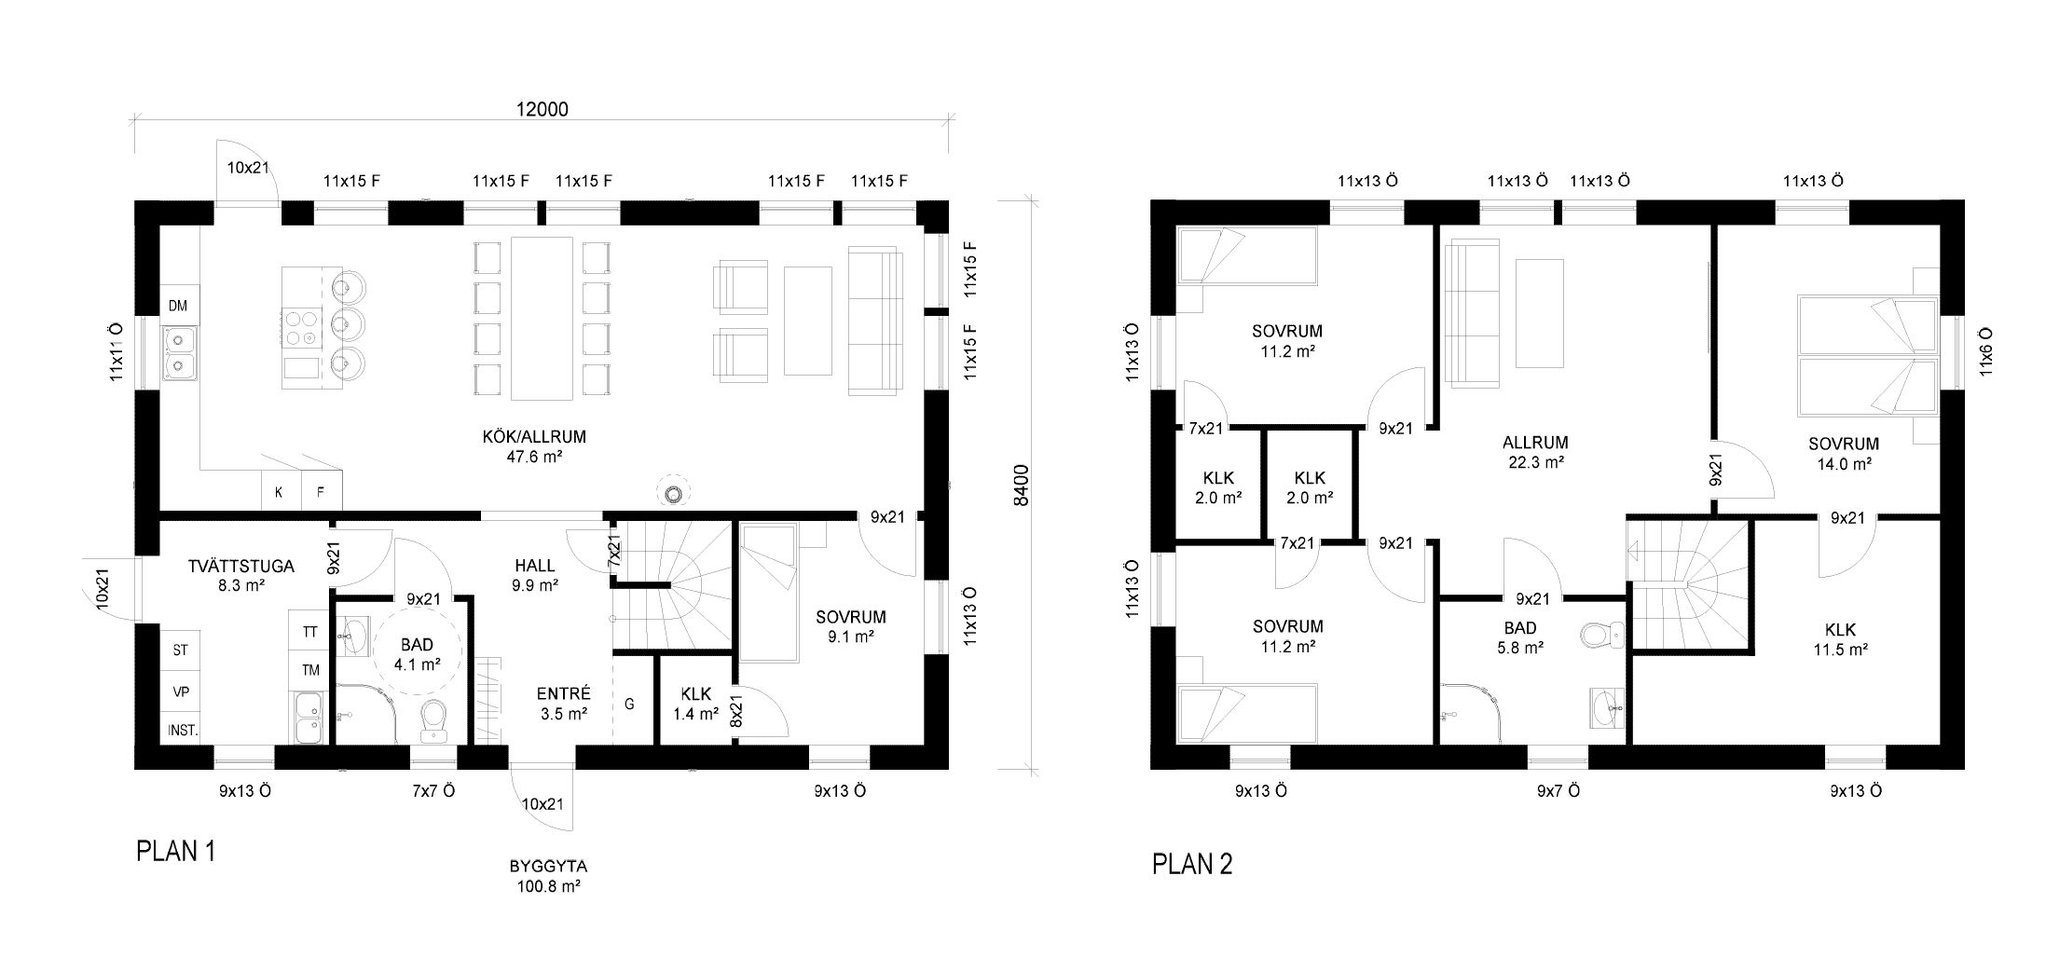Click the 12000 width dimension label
pyautogui.click(x=542, y=109)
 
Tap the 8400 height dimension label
pyautogui.click(x=1022, y=485)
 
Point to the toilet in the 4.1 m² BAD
pyautogui.click(x=433, y=722)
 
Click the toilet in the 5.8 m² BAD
pyautogui.click(x=1601, y=635)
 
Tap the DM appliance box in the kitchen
pyautogui.click(x=178, y=306)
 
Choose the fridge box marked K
pyautogui.click(x=278, y=491)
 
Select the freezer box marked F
pyautogui.click(x=321, y=491)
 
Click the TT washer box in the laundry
pyautogui.click(x=309, y=631)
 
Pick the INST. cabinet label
pyautogui.click(x=183, y=731)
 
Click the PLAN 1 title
pyautogui.click(x=176, y=852)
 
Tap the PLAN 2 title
pyautogui.click(x=1192, y=864)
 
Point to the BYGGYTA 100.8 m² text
pyautogui.click(x=548, y=876)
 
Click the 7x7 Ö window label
pyautogui.click(x=433, y=791)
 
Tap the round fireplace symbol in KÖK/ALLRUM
pyautogui.click(x=671, y=491)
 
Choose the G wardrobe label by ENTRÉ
pyautogui.click(x=629, y=705)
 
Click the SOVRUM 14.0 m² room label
pyautogui.click(x=1844, y=454)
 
